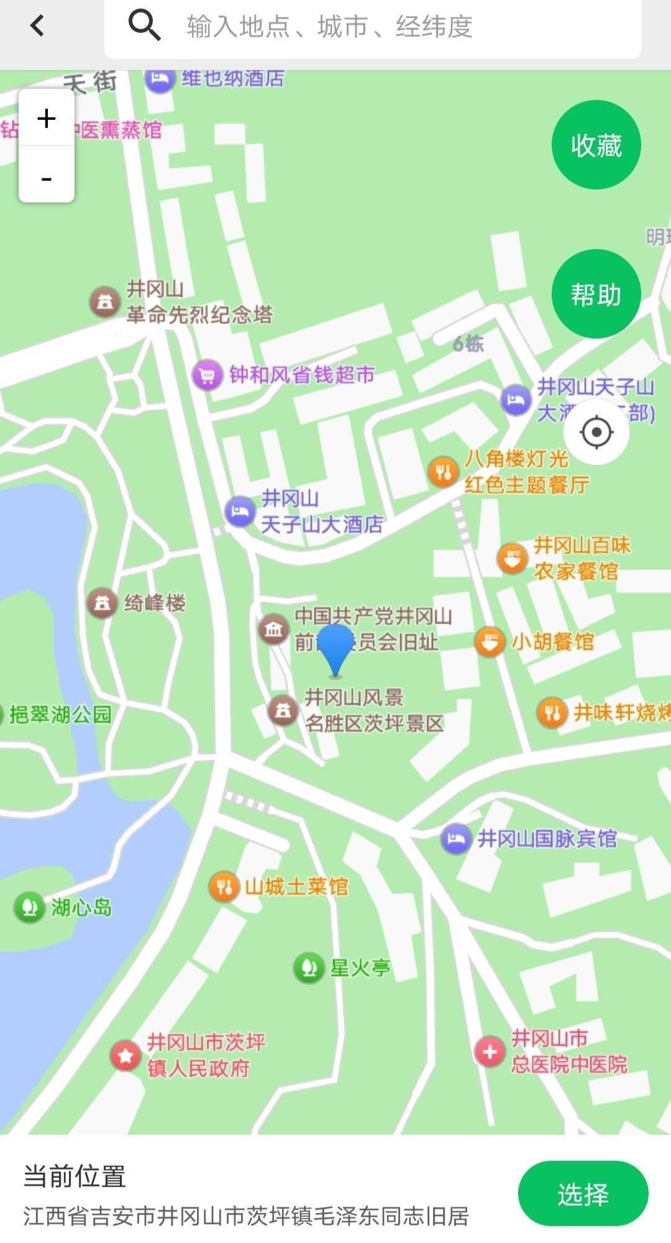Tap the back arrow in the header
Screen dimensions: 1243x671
(37, 25)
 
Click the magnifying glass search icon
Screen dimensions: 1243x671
(144, 25)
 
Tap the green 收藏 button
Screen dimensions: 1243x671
(596, 145)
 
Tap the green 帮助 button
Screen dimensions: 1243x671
(596, 294)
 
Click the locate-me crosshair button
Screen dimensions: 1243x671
(596, 432)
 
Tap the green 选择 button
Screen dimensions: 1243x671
(583, 1194)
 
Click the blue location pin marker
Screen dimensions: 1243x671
(335, 646)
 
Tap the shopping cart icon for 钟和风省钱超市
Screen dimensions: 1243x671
(207, 375)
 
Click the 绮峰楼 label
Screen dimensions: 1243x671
(155, 603)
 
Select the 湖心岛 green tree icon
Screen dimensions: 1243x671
(29, 907)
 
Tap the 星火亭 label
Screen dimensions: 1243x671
(360, 968)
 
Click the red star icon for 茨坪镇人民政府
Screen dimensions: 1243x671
(126, 1055)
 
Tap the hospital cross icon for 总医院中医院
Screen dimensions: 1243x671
(490, 1052)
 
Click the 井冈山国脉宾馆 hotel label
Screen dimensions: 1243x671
(547, 839)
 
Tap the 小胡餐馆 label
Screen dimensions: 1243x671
(552, 641)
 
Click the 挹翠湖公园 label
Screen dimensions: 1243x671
(60, 715)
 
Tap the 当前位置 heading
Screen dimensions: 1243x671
(75, 1176)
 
